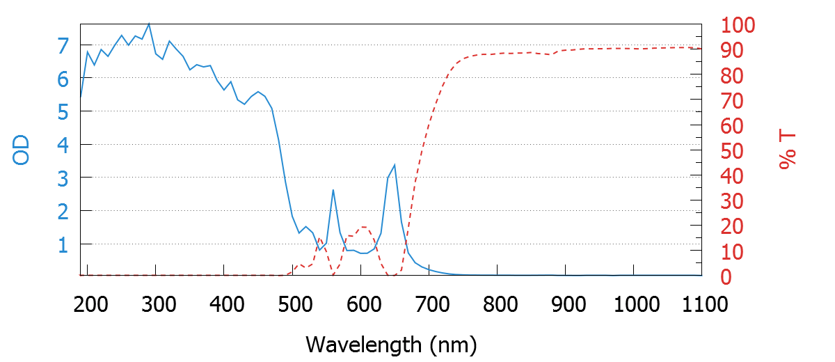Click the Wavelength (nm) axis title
[390, 344]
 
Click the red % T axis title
[788, 151]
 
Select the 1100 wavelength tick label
[701, 304]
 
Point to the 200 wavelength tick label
[88, 304]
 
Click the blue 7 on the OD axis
[63, 47]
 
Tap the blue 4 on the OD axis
[63, 145]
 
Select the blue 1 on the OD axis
[63, 244]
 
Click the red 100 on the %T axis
[738, 26]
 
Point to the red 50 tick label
[731, 152]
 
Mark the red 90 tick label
[731, 52]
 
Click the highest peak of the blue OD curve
[148, 24]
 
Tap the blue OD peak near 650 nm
[395, 165]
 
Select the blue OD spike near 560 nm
[333, 190]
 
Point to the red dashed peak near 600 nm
[363, 227]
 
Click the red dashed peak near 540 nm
[319, 239]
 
